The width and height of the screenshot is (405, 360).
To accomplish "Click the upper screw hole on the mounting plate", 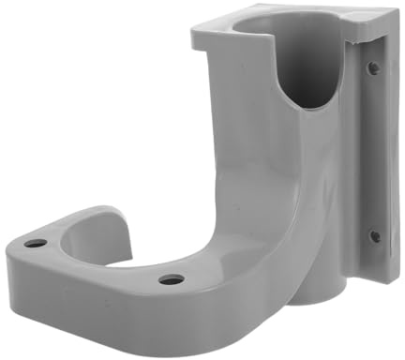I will click(x=373, y=67).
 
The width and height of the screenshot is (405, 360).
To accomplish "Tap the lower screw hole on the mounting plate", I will click(x=374, y=235).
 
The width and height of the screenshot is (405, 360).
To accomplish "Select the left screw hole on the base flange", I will click(x=36, y=243).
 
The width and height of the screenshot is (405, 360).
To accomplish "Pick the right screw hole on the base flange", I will click(x=171, y=278).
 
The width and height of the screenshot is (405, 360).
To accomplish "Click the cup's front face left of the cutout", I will click(x=234, y=103).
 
